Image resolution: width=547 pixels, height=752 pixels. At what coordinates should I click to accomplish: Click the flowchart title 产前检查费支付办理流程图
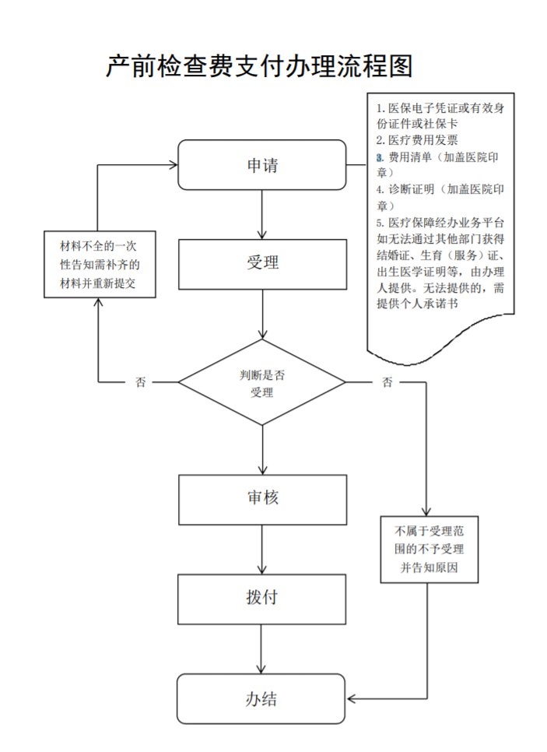pos(259,67)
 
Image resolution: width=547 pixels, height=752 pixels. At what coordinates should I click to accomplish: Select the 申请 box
pos(262,165)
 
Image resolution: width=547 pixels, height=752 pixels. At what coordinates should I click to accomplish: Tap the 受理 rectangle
pos(262,263)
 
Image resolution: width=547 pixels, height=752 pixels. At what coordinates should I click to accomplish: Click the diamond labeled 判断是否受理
pos(262,382)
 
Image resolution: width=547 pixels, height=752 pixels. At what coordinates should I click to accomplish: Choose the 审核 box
pos(262,499)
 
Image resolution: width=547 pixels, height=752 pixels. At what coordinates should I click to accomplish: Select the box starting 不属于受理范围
pos(428,550)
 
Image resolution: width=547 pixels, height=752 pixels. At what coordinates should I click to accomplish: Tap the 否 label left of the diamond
pos(141,382)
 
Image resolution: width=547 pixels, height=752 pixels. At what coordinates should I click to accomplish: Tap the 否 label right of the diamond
pos(387,382)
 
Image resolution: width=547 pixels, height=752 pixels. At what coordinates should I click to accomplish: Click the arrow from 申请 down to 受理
pos(263,214)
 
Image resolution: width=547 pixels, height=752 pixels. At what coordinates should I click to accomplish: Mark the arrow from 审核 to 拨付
pos(263,550)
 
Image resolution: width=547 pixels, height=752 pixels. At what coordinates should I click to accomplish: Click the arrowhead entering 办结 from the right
pos(352,698)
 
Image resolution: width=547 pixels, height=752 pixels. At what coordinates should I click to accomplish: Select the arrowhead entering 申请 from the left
pos(173,165)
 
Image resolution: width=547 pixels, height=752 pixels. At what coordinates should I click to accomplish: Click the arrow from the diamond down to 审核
pos(263,449)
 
